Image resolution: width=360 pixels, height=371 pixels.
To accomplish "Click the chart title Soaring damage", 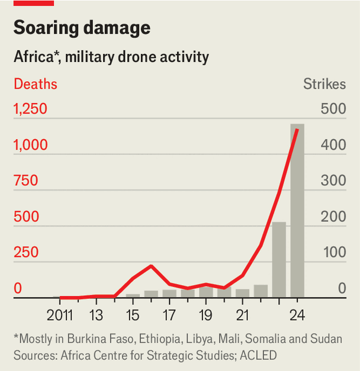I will (82, 28).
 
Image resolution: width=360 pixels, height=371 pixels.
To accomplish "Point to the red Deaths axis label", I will (36, 84).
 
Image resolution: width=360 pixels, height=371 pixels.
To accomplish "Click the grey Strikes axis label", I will (324, 84).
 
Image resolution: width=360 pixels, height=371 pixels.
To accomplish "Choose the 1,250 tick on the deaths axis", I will (30, 110).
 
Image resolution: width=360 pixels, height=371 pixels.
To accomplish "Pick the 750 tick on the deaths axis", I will (26, 181).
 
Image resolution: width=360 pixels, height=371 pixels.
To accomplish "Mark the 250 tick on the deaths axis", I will (26, 253).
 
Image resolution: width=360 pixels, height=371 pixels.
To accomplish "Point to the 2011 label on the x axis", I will (59, 314).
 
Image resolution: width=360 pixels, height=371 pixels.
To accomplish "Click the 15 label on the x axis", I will (133, 314).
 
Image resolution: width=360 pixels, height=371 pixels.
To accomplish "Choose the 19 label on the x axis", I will (205, 314).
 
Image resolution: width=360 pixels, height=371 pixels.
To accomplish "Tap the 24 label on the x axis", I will (297, 314).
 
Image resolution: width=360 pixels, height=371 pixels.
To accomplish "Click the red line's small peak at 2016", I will (151, 266).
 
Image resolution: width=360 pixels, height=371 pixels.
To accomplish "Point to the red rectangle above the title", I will (34, 3).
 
